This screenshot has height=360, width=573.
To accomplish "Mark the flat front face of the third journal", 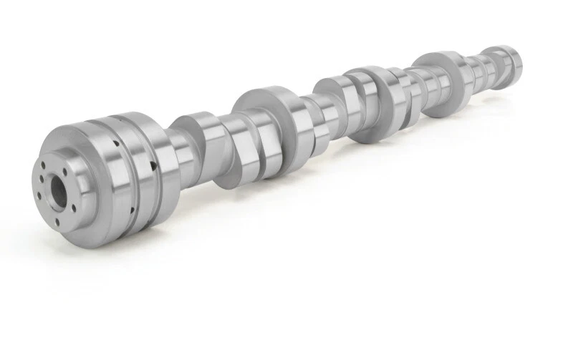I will tap(329, 93).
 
